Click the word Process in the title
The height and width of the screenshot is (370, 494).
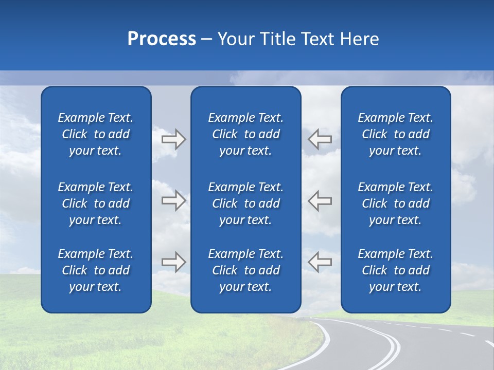[162, 39]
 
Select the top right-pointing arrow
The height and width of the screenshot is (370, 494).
[173, 139]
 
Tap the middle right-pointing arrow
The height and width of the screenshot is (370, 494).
[173, 200]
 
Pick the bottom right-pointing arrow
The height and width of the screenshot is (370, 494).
[173, 262]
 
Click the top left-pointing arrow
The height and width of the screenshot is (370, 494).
[320, 139]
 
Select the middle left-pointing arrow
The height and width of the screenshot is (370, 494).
[320, 200]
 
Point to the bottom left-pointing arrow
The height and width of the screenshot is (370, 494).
[320, 262]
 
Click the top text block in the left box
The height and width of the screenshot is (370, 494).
[96, 134]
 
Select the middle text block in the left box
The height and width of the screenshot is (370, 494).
[96, 203]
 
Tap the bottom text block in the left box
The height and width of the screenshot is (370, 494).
[96, 270]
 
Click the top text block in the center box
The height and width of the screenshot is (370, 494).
[245, 134]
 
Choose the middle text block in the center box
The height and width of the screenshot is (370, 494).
[245, 203]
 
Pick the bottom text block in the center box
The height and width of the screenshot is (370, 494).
[245, 270]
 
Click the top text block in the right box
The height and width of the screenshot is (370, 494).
[395, 134]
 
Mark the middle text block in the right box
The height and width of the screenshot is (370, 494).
[395, 203]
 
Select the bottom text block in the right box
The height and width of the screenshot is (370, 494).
[395, 270]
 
